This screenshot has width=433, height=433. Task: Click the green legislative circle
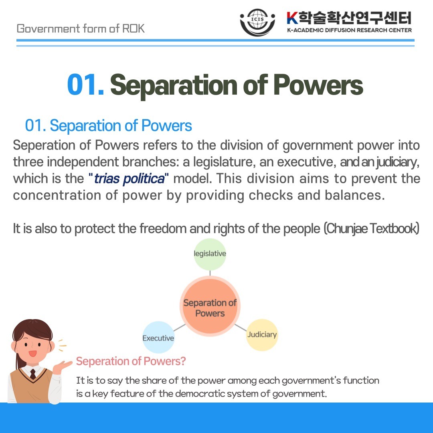(x=210, y=254)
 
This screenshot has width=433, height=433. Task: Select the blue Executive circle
(x=158, y=337)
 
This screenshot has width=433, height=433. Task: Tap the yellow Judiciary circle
(x=262, y=335)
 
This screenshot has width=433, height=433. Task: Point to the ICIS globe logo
(x=257, y=22)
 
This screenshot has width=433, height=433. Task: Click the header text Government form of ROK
(x=81, y=28)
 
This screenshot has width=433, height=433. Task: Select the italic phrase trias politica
(x=129, y=179)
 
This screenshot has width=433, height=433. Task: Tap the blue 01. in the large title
(x=86, y=85)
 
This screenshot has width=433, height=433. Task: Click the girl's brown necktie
(x=33, y=374)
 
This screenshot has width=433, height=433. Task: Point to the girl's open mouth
(x=32, y=354)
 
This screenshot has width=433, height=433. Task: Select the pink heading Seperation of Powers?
(x=131, y=361)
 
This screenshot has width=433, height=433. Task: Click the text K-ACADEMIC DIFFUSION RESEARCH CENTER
(x=349, y=30)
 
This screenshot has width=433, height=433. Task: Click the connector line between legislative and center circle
(x=210, y=273)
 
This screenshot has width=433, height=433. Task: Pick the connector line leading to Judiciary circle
(x=241, y=328)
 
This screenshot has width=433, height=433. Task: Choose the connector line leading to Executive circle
(x=180, y=328)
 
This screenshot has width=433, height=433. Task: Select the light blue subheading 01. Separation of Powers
(x=109, y=125)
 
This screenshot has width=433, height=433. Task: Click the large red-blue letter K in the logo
(x=292, y=18)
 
